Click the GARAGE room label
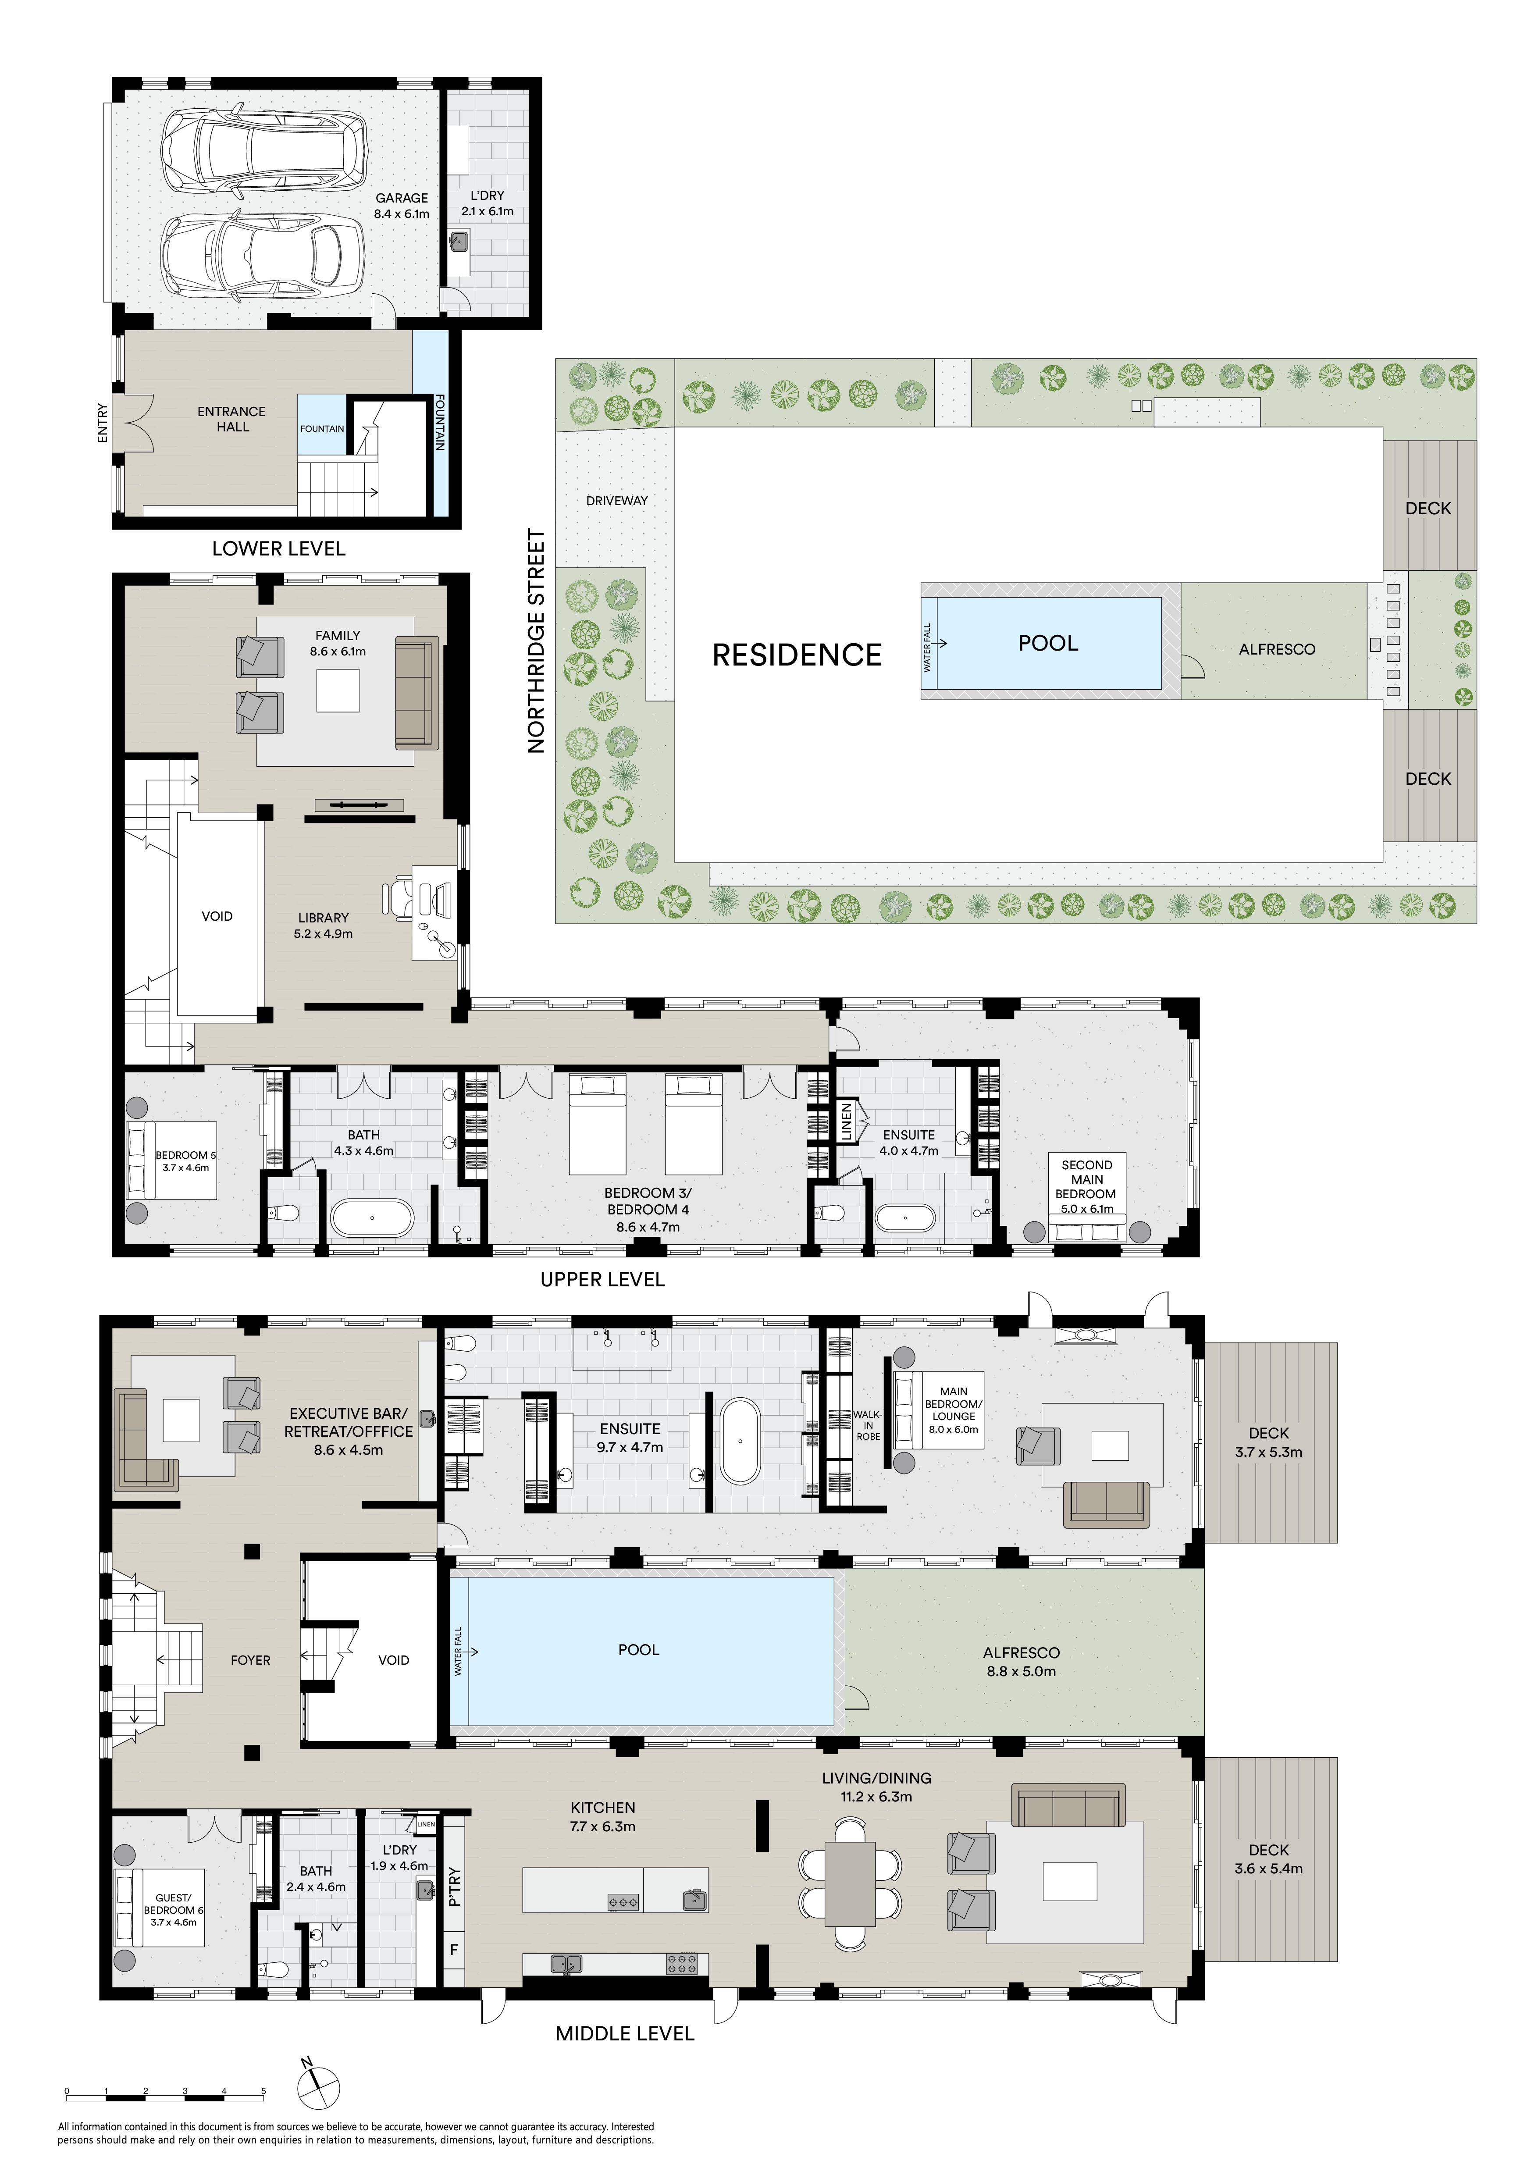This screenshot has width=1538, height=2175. tap(402, 198)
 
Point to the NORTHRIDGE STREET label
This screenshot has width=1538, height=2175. tap(537, 641)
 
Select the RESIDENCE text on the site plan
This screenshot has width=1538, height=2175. tap(797, 655)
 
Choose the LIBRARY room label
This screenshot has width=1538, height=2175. tap(323, 918)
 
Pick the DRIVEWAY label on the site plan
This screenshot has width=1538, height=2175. tap(616, 500)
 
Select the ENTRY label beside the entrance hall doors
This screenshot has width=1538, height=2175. tap(102, 423)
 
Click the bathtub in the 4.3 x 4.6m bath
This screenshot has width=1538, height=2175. tap(372, 1218)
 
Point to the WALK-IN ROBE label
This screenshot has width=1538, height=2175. tap(868, 1425)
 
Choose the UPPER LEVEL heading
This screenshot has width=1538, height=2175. tap(602, 1280)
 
